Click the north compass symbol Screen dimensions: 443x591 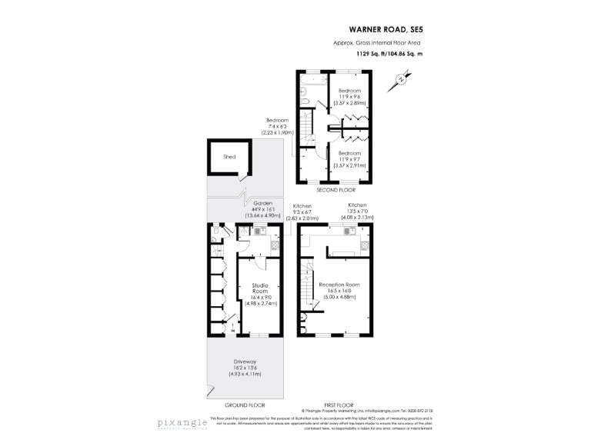(401, 78)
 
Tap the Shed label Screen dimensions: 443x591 (229, 156)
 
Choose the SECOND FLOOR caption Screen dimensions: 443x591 (336, 189)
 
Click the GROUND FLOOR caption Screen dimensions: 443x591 (245, 405)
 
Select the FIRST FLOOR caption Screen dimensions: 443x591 (336, 405)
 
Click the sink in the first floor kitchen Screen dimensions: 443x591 (348, 231)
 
